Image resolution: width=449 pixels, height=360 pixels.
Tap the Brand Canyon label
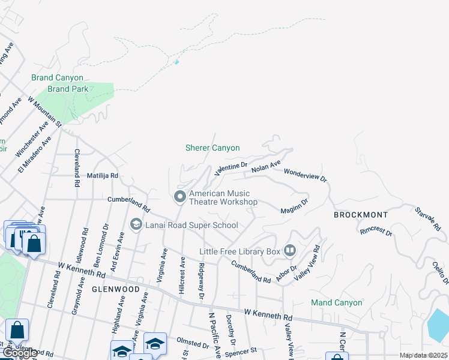57,78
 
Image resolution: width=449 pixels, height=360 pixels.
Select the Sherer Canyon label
212,148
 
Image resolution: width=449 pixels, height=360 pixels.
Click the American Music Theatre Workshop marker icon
179,197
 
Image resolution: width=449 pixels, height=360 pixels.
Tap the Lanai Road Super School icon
136,224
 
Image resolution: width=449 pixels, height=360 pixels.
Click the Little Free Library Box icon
290,250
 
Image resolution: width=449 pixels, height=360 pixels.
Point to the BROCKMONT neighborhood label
360,214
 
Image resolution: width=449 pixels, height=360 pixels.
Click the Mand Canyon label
336,302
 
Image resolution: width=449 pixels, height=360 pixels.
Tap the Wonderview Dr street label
304,175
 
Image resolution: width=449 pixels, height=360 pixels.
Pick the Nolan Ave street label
266,166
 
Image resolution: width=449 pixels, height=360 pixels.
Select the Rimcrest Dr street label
376,231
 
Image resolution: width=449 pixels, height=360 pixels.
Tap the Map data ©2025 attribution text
423,355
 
